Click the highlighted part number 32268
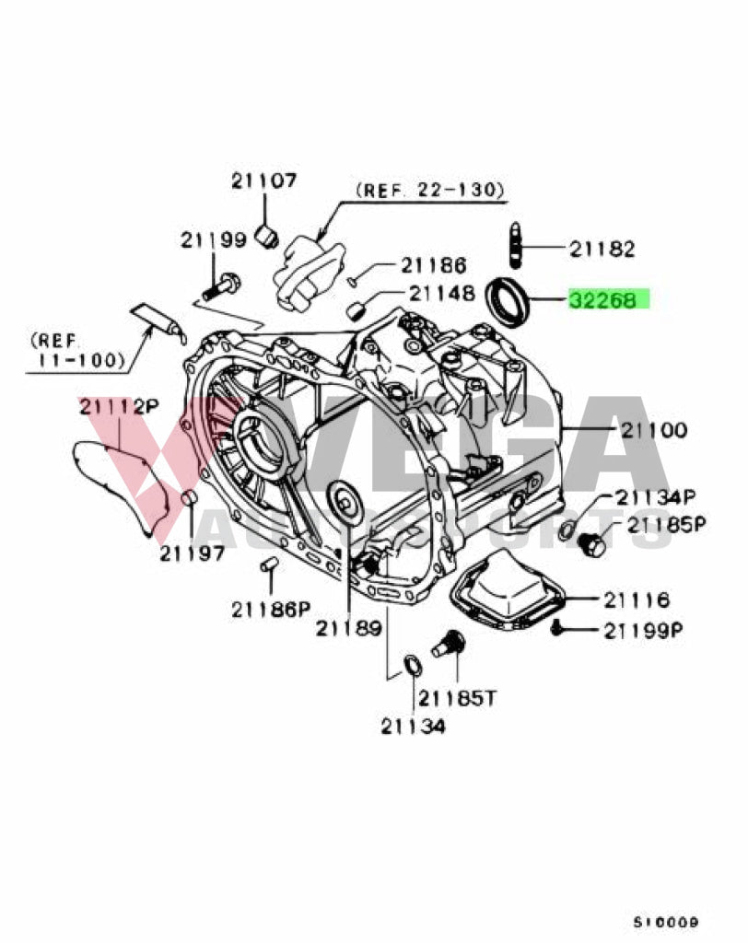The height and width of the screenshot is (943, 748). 608,299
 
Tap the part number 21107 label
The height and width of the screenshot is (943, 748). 263,181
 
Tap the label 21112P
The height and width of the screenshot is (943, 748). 118,405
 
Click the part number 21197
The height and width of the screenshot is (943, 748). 192,553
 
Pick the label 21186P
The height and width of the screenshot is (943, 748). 272,608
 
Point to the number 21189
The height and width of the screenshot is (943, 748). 347,628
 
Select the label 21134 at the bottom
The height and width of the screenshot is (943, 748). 413,727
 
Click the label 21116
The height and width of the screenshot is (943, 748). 637,600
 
